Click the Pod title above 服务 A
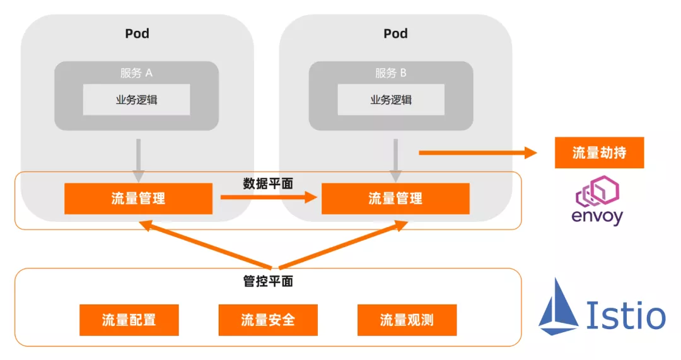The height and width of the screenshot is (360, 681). point(137,33)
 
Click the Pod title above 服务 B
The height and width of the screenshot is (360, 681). point(395,33)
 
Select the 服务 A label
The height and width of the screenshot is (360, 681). point(136,73)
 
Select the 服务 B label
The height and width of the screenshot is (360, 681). point(391,73)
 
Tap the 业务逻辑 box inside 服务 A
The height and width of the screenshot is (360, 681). point(136,100)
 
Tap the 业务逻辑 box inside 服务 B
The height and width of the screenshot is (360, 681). point(391,100)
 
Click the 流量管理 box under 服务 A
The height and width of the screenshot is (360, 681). point(138,199)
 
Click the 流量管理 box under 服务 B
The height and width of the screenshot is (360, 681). point(395,199)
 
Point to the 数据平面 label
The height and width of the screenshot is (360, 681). point(268,183)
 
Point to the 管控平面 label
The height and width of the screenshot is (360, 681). point(268,281)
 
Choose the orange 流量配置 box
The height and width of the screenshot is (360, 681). point(129,320)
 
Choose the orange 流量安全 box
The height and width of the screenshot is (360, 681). point(268,320)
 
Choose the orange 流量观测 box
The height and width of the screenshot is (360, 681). point(407,320)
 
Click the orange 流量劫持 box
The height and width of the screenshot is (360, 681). point(599,153)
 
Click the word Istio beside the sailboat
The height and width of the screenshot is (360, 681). point(626,315)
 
